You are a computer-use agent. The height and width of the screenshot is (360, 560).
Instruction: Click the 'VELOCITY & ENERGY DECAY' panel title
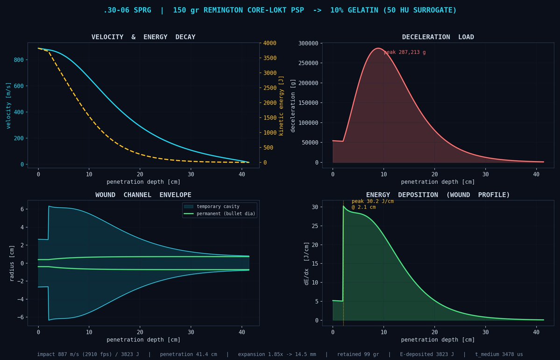tap(143, 37)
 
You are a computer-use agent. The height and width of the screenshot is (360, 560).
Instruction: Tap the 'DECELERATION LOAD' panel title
tap(438, 37)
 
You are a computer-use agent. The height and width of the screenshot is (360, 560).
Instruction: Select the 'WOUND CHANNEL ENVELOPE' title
tap(143, 195)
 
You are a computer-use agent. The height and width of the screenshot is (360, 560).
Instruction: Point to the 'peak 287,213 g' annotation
tap(404, 52)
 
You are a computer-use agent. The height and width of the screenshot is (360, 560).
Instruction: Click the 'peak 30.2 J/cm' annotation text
tap(373, 201)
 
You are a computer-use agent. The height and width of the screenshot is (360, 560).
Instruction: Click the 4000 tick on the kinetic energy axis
tap(269, 43)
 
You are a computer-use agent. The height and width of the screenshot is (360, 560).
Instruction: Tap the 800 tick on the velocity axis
tap(19, 60)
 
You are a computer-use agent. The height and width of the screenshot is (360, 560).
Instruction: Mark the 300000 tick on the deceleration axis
tap(308, 43)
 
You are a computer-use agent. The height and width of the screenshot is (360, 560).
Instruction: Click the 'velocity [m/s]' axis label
tap(8, 106)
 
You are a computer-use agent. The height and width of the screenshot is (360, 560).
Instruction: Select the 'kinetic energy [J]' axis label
tap(281, 106)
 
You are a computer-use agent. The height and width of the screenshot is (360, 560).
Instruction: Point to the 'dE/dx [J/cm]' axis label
tap(306, 263)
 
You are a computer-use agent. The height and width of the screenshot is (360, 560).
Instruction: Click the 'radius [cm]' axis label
tap(12, 263)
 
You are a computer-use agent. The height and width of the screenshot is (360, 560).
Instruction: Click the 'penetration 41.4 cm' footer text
tap(188, 354)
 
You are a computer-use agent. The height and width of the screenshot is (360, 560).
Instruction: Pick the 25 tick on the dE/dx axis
tap(315, 226)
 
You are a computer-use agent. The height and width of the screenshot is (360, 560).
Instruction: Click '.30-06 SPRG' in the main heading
tap(127, 10)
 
